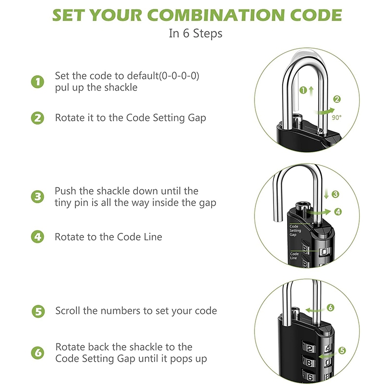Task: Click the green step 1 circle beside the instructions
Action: [x=38, y=82]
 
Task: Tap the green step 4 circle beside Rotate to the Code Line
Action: [x=38, y=237]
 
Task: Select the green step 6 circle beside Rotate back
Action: [x=38, y=353]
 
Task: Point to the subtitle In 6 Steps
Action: [x=195, y=33]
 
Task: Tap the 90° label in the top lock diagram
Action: [x=336, y=117]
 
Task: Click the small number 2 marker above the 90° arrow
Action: [x=337, y=99]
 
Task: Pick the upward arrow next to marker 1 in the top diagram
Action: [x=311, y=91]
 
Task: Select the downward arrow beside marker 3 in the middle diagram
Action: [x=327, y=194]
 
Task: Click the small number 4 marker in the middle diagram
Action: [x=338, y=212]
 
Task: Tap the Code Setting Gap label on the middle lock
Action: [x=295, y=231]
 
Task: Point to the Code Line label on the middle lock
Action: [x=294, y=255]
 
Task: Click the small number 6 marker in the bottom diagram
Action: [x=331, y=308]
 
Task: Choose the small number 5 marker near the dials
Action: [x=342, y=351]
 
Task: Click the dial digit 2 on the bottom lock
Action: [x=310, y=349]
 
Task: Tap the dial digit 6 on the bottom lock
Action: [x=310, y=377]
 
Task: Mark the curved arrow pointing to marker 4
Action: [x=319, y=212]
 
